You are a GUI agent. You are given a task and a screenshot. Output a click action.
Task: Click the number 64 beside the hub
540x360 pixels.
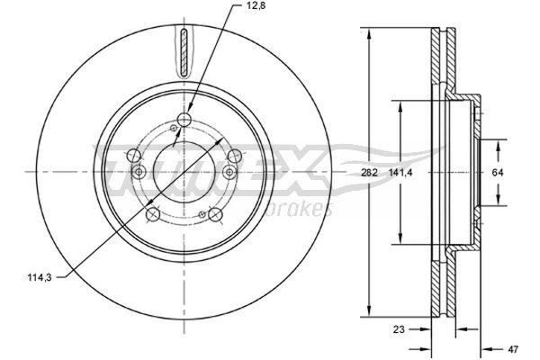[497, 171]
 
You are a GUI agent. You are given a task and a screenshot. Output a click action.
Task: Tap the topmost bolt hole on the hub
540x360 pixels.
[184, 120]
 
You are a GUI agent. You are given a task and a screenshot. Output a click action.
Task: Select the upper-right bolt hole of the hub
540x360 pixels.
[234, 157]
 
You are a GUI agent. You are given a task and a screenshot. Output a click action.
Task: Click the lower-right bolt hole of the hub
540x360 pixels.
[215, 214]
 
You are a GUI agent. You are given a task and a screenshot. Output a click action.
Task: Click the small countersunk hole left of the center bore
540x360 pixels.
[138, 173]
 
